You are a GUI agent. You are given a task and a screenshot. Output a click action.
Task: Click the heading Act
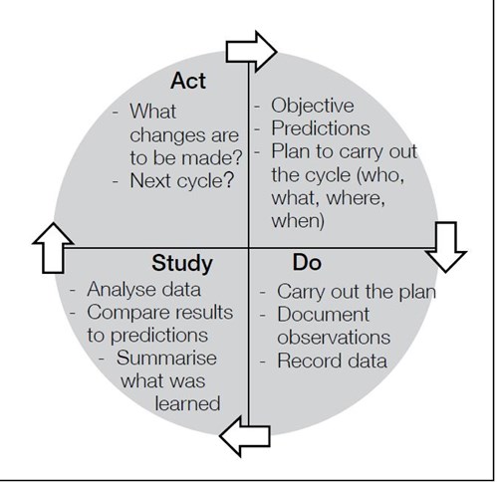[188, 81]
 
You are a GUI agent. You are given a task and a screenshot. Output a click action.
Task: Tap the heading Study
[182, 264]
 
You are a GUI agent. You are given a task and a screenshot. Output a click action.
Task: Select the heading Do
[307, 263]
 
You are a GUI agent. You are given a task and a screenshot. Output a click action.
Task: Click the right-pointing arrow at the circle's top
[251, 52]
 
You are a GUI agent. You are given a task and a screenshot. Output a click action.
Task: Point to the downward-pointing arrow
[446, 247]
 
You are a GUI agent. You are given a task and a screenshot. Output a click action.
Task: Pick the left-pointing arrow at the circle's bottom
[245, 436]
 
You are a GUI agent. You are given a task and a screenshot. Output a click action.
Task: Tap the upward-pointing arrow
[53, 248]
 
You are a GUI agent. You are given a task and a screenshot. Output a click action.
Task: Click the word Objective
[313, 106]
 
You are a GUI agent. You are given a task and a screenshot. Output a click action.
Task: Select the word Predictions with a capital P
[321, 128]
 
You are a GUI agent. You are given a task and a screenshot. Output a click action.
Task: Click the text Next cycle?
[182, 181]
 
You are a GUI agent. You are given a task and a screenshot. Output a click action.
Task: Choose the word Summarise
[166, 359]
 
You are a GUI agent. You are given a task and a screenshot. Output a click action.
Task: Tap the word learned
[187, 403]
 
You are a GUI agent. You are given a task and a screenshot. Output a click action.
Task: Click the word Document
[323, 315]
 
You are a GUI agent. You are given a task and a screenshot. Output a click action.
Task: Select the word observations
[334, 338]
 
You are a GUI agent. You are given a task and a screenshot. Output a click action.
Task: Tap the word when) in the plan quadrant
[298, 221]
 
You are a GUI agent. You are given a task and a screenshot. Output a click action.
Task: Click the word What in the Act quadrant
[152, 112]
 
